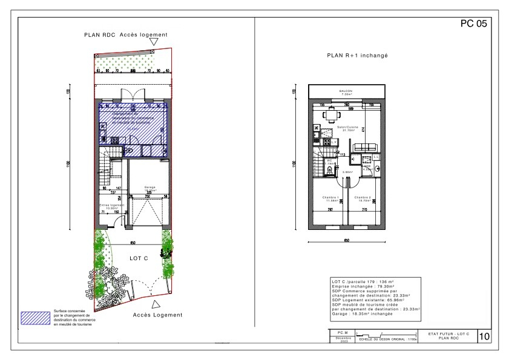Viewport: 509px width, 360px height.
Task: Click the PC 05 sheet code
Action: tap(473, 25)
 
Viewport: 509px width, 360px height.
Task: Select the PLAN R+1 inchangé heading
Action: tap(356, 55)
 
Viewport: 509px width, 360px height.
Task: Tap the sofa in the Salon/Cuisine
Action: tap(365, 147)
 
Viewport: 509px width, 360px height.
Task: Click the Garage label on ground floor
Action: tap(150, 188)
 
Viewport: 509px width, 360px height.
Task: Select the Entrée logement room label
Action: tap(111, 205)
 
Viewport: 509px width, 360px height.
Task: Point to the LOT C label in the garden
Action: tap(139, 258)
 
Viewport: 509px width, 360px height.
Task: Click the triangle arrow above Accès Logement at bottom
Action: tap(156, 304)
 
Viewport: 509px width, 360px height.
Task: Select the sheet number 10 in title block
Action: tap(484, 336)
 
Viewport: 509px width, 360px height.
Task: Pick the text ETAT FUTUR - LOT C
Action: tap(447, 334)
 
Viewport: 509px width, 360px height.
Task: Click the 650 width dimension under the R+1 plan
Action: tap(347, 240)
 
